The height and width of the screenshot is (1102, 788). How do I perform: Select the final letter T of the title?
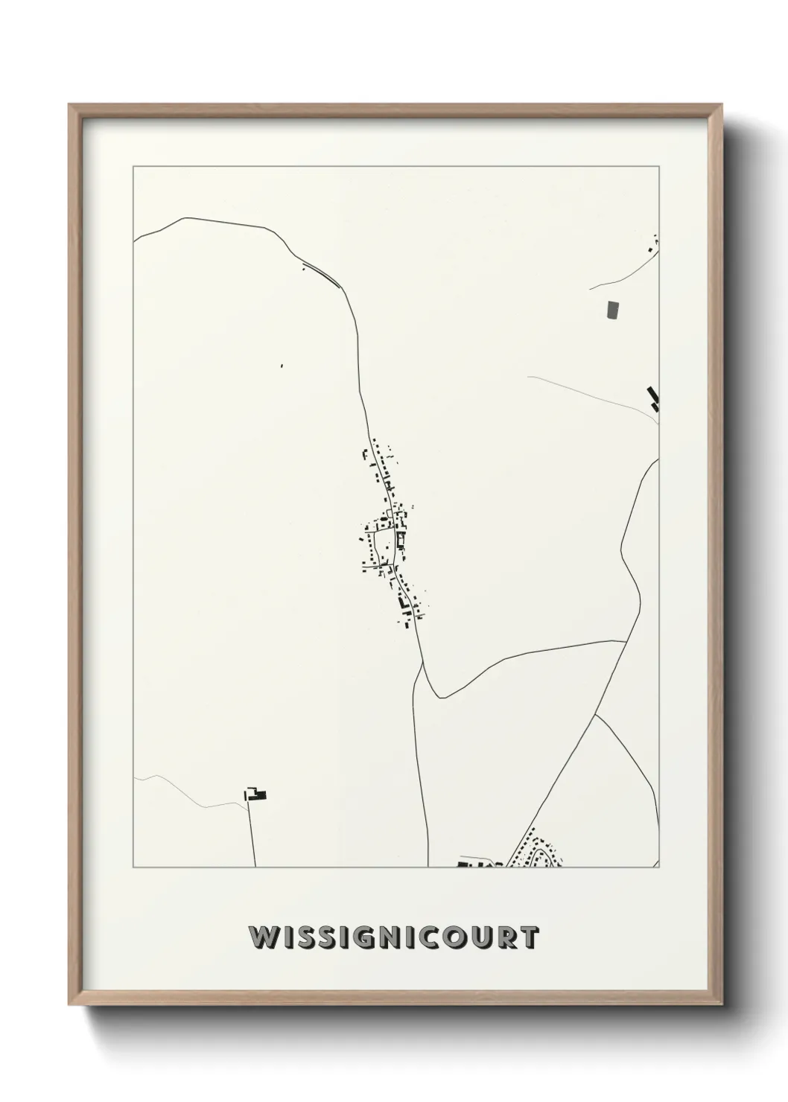point(530,938)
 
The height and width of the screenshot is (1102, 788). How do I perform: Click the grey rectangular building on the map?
point(613,310)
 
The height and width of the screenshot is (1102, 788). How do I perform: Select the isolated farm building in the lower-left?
point(257,794)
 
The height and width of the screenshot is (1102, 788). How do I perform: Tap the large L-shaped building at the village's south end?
point(403,602)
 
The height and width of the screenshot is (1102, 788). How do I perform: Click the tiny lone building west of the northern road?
point(282,366)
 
